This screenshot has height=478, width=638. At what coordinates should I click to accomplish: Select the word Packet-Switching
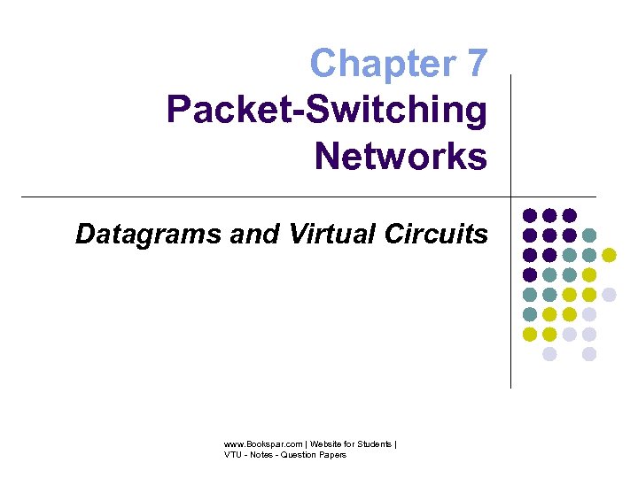click(x=327, y=111)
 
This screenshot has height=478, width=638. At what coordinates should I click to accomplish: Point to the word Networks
click(x=401, y=157)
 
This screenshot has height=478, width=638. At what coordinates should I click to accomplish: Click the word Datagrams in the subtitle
click(x=135, y=234)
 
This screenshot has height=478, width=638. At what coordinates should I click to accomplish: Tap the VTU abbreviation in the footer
click(x=233, y=455)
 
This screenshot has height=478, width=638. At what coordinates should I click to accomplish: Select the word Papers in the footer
click(x=331, y=455)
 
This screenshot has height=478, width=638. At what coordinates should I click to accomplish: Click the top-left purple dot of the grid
click(x=530, y=215)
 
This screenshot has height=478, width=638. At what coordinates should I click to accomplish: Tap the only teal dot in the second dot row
click(x=589, y=235)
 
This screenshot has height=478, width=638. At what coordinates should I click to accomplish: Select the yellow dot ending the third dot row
click(x=609, y=255)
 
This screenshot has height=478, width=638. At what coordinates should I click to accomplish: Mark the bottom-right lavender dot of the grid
click(x=589, y=354)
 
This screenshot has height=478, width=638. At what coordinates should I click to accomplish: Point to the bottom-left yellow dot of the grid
click(x=530, y=335)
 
